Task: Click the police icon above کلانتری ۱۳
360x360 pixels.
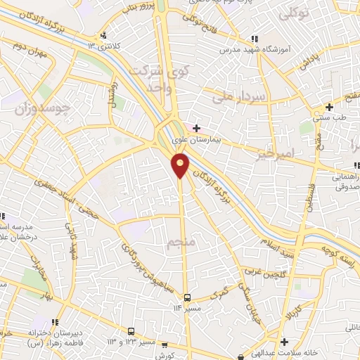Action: pyautogui.click(x=104, y=35)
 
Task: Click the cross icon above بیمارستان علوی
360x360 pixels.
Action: pyautogui.click(x=196, y=128)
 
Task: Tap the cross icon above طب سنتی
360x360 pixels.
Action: pyautogui.click(x=328, y=107)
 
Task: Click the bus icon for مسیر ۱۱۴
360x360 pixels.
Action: pyautogui.click(x=187, y=297)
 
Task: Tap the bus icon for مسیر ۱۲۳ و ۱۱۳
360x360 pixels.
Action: pyautogui.click(x=131, y=330)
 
